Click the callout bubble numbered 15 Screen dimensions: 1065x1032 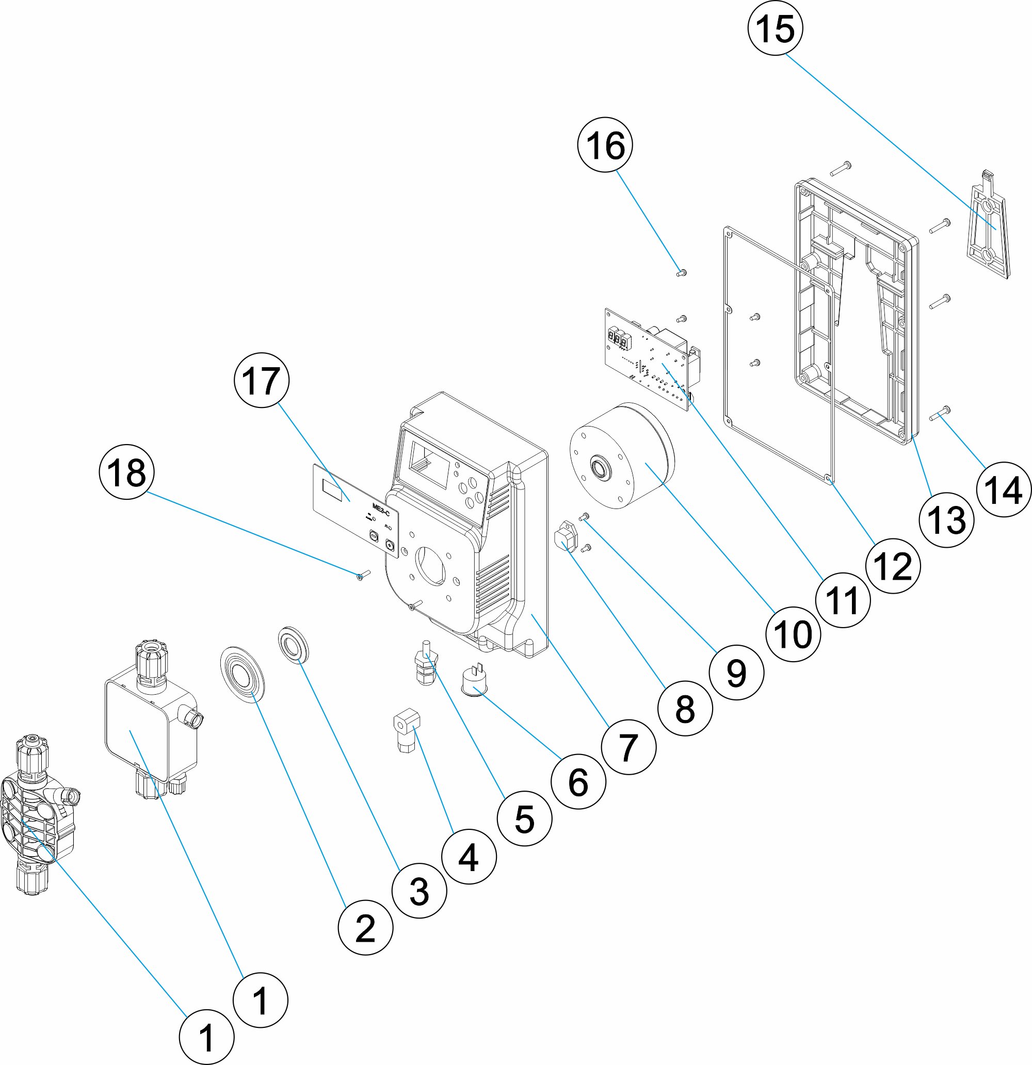776,28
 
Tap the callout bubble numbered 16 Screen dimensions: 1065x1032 605,145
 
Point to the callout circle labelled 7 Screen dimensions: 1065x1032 628,747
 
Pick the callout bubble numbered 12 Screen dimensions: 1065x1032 893,566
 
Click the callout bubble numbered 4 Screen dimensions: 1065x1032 469,857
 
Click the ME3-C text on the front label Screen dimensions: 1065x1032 381,506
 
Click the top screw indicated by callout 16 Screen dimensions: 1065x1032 681,273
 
